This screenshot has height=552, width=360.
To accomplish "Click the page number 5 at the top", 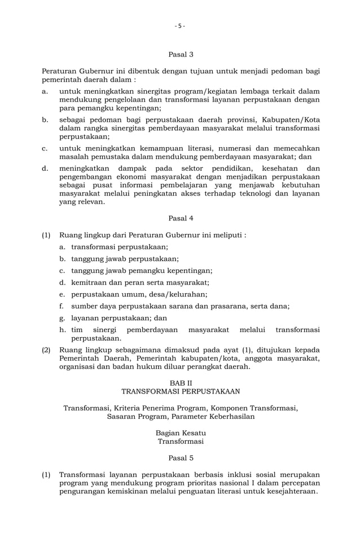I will click(x=180, y=26).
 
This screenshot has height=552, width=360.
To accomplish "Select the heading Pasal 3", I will click(x=181, y=55).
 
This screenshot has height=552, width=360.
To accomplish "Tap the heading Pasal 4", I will click(x=181, y=218).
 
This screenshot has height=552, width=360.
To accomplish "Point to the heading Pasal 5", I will click(x=181, y=458).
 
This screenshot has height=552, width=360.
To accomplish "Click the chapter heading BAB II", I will click(x=181, y=382).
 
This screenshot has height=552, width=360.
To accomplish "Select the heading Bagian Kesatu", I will click(x=181, y=433).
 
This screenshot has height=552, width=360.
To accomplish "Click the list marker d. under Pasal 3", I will click(x=45, y=168).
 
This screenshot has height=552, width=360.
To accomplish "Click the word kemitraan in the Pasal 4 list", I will click(x=90, y=282).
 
